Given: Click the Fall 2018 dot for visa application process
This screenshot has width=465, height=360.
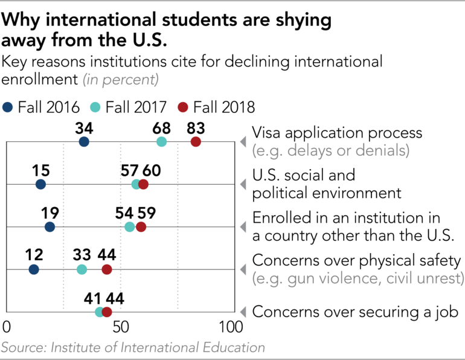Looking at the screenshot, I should tap(196, 142).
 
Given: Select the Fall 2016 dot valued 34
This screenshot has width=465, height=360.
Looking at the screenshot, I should tap(84, 142).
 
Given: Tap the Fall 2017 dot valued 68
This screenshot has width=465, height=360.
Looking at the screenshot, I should tap(161, 142).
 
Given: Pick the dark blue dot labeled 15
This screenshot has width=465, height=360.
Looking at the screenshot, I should tap(40, 184).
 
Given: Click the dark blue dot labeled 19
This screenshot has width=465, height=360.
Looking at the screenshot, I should tap(50, 227).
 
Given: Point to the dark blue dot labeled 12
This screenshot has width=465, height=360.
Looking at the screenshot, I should tap(34, 269).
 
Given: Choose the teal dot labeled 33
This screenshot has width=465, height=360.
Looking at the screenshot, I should tap(82, 269).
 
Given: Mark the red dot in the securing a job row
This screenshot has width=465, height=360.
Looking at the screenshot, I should tap(107, 312).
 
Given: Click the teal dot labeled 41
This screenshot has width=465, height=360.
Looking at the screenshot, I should tap(100, 312).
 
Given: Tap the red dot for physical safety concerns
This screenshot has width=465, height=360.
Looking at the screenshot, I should tap(107, 269).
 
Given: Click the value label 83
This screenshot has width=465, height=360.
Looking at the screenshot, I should tap(196, 128).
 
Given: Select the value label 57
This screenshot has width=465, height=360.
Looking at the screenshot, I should tap(130, 170).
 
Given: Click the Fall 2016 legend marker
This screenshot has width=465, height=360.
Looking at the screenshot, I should tap(8, 108).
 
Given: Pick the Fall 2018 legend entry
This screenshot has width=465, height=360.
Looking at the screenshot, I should tap(216, 108).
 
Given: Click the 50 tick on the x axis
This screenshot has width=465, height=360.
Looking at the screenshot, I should tap(121, 328).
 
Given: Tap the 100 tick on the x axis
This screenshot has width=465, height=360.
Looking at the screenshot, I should tap(231, 328).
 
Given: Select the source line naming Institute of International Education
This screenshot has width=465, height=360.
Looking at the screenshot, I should tap(133, 348).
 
